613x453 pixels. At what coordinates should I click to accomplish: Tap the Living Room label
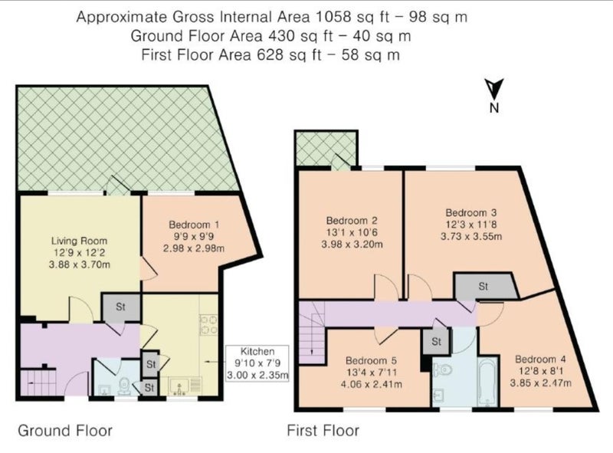[x=79, y=241]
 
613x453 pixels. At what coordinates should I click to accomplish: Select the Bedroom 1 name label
[x=194, y=225]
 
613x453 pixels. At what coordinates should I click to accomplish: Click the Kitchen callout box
[x=257, y=363]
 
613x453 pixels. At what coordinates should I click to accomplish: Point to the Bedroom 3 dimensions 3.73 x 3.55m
[x=471, y=236]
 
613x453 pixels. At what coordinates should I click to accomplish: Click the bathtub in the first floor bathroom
[x=487, y=382]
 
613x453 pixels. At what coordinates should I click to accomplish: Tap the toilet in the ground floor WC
[x=125, y=385]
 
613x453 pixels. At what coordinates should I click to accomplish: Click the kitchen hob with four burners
[x=208, y=325]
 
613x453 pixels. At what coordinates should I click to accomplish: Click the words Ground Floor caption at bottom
[x=65, y=431]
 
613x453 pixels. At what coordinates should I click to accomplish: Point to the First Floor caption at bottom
[x=323, y=431]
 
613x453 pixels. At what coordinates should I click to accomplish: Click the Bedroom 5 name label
[x=371, y=360]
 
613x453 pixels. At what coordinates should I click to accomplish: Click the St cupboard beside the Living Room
[x=121, y=307]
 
